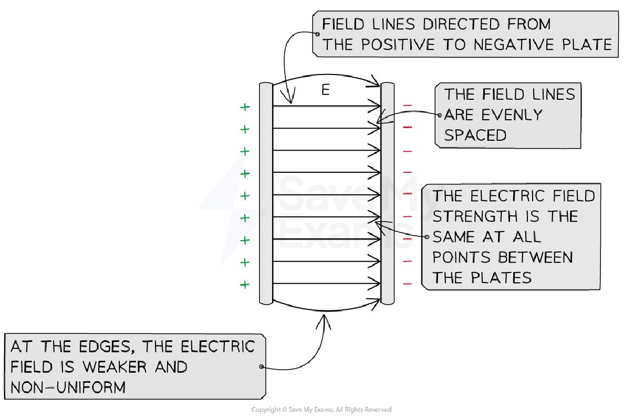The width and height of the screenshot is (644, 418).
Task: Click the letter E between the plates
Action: pos(326,90)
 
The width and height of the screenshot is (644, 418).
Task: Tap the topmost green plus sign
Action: pos(245,107)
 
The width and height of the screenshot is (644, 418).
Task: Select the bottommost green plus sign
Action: pos(245,285)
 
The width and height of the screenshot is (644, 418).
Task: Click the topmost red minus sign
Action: pos(408,106)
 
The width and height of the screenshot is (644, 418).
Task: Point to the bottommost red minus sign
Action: pos(408,284)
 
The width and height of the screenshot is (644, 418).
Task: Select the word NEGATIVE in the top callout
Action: pos(510,45)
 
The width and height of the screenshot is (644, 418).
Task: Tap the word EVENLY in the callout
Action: pos(509,114)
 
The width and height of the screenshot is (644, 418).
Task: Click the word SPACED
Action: pos(475,135)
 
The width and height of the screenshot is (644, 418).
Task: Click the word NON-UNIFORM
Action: pos(68,387)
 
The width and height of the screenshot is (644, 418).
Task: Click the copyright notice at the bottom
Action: pos(321,410)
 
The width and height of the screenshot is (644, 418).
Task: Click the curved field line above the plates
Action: pos(326,76)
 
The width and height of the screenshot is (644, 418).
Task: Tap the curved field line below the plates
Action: pos(326,309)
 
